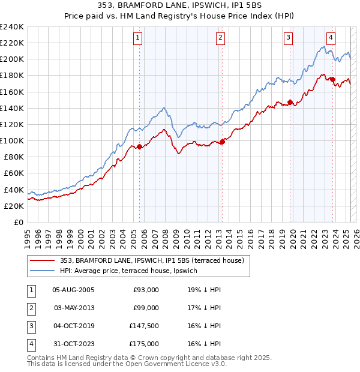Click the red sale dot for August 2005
tap(140, 146)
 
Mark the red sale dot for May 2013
tap(222, 142)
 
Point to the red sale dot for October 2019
tap(290, 102)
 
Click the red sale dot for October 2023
tap(333, 80)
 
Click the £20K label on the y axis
tap(14, 206)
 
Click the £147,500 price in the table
tap(144, 326)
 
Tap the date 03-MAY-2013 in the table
tap(74, 308)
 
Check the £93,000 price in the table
tap(146, 290)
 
